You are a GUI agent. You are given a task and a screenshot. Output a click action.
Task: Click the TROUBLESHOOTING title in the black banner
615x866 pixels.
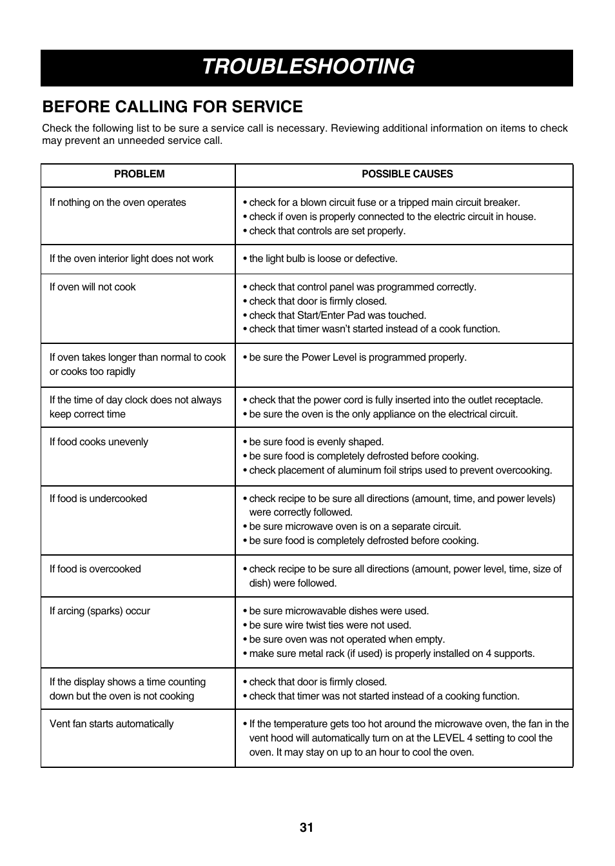click(307, 67)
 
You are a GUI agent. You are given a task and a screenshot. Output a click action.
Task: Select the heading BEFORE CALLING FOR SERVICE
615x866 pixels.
click(172, 106)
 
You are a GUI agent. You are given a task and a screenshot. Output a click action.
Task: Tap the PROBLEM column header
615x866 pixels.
click(139, 174)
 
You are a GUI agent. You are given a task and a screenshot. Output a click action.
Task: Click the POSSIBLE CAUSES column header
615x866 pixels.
click(407, 174)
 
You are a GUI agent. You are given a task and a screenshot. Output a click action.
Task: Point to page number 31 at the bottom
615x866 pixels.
click(306, 828)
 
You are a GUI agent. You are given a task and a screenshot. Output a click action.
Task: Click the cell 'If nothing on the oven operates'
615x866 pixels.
click(117, 203)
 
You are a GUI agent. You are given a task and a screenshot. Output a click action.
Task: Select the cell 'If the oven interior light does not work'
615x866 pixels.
click(131, 259)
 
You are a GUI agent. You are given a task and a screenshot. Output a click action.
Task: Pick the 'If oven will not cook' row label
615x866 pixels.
click(92, 287)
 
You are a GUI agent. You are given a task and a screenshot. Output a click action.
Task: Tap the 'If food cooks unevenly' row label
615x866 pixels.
click(99, 442)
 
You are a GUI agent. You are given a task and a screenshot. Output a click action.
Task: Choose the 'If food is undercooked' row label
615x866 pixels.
click(98, 499)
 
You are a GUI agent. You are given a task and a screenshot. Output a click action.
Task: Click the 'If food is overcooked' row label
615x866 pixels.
click(95, 569)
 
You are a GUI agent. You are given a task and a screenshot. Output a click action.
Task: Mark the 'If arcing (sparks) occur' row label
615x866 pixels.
click(99, 611)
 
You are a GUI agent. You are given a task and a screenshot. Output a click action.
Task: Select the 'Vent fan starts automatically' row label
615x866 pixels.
click(112, 724)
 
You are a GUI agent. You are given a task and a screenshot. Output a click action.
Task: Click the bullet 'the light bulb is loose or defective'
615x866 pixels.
click(322, 259)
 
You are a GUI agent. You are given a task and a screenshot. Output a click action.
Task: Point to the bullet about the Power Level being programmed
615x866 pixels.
click(357, 357)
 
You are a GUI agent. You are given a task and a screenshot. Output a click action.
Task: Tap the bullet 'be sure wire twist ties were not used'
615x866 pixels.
click(329, 625)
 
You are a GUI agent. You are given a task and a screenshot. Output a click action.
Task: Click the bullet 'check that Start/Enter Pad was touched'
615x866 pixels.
click(337, 316)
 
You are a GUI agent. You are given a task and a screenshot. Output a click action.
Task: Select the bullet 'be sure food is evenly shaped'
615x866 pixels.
click(316, 442)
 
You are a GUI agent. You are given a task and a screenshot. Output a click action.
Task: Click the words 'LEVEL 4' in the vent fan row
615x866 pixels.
click(452, 738)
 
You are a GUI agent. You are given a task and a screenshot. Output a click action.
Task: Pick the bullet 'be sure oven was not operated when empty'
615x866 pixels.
click(346, 639)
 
